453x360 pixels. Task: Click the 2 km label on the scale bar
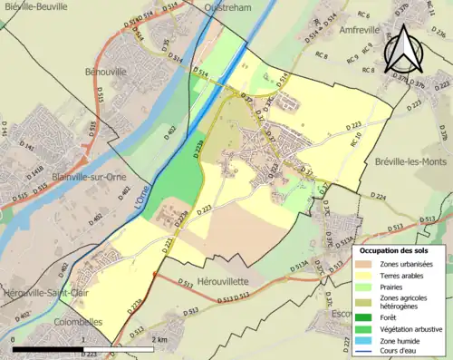tap(160, 338)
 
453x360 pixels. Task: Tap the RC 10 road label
tap(356, 138)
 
